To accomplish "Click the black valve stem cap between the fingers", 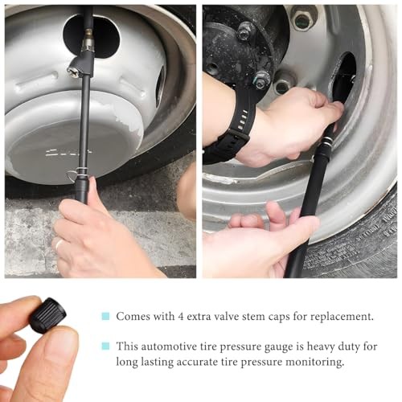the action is click(48, 314).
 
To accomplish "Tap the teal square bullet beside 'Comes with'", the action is click(105, 316).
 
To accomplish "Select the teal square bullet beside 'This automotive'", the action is click(105, 346).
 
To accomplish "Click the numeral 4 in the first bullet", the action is click(180, 317).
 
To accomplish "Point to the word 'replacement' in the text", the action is click(342, 318).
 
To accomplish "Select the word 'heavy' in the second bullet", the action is click(320, 347).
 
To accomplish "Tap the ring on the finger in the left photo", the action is click(59, 244).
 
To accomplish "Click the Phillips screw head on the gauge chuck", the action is click(72, 71).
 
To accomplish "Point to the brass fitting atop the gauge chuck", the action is click(88, 39).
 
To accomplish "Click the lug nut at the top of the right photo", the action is click(301, 17).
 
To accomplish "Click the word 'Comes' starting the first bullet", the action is click(133, 317).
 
